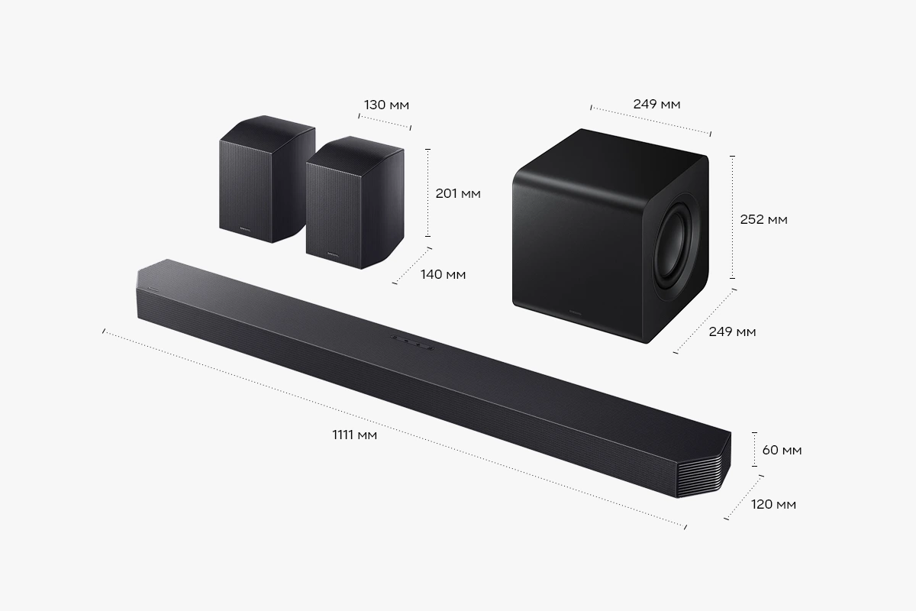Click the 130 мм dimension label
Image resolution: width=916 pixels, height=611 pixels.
pos(386,105)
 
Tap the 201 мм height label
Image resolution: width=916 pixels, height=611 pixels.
pos(458,193)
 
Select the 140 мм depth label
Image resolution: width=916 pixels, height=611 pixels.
pos(443,274)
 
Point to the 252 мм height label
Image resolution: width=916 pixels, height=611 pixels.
pos(764,220)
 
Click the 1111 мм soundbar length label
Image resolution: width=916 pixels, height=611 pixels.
pos(354,435)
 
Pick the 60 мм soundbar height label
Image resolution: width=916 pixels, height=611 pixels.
pos(782,450)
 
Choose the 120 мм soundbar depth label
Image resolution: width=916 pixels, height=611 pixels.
pos(774,504)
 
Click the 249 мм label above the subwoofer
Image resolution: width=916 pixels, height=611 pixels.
pos(656,105)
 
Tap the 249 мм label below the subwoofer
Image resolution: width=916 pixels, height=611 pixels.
pos(732,331)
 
